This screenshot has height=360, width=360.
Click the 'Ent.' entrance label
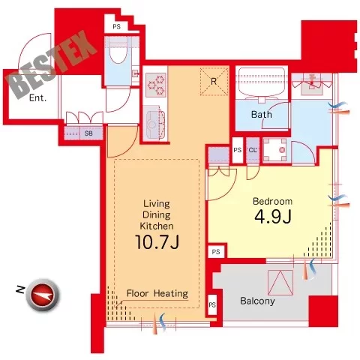37,97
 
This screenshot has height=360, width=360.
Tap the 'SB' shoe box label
88,133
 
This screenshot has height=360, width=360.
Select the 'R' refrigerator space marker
214,82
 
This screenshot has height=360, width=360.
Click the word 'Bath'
262,115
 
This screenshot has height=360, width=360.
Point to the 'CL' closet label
253,150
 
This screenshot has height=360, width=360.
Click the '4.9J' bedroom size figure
273,217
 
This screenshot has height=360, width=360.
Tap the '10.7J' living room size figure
157,241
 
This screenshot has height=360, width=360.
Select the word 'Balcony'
257,301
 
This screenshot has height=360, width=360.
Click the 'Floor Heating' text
157,293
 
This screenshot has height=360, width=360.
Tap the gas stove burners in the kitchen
156,85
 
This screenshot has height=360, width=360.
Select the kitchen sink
153,124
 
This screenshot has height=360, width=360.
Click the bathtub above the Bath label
262,81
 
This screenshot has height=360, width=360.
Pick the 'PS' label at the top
116,26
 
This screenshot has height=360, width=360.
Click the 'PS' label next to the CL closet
238,150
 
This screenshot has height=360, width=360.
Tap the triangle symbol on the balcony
280,283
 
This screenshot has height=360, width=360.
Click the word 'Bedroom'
272,201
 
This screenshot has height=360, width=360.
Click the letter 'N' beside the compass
20,290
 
